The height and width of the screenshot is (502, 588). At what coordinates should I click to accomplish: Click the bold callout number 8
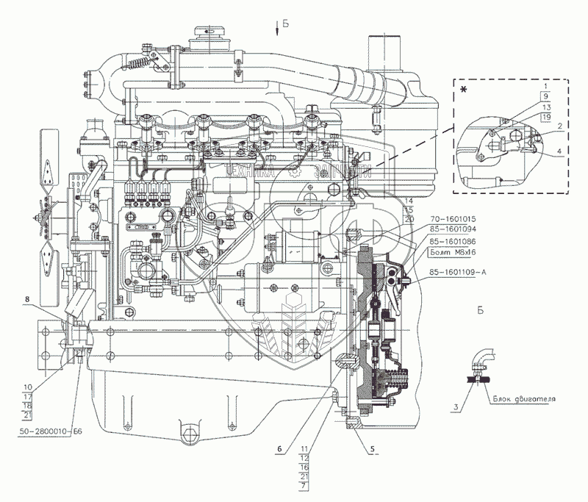[x=28, y=299]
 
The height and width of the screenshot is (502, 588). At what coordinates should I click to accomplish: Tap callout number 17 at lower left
[x=28, y=395]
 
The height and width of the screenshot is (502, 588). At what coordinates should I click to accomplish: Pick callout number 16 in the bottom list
[x=304, y=467]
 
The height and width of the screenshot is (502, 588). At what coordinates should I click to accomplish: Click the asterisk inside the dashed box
[x=464, y=90]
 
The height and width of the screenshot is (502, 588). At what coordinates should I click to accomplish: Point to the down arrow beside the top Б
[x=276, y=29]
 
